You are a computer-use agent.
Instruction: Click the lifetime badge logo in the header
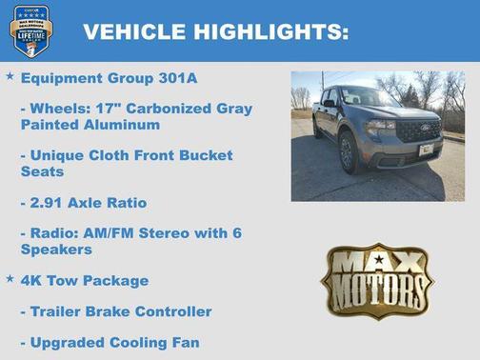[x=31, y=30]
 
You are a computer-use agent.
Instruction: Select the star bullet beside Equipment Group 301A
[x=10, y=74]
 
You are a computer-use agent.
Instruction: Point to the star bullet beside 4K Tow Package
[x=10, y=278]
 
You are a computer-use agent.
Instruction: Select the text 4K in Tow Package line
[x=34, y=281]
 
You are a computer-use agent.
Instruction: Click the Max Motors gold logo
[x=376, y=282]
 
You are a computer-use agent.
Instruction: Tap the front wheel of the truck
[x=349, y=152]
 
